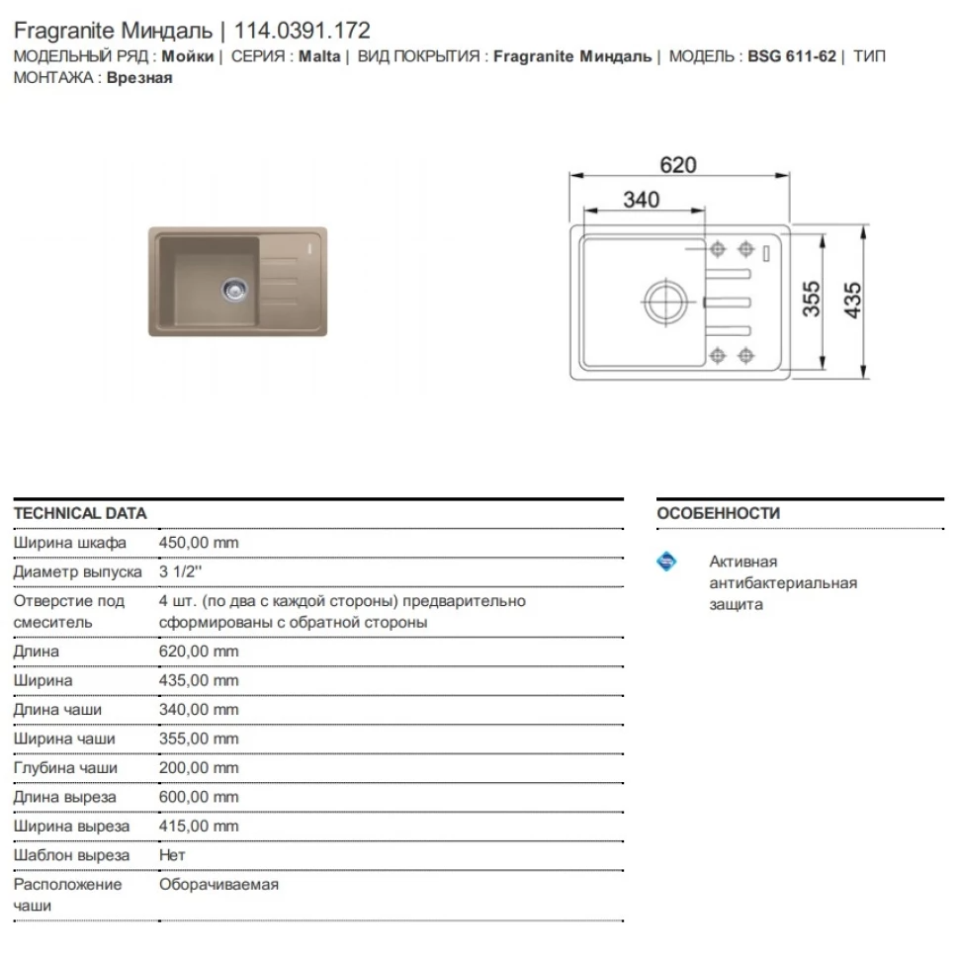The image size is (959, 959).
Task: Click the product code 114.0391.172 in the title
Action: [x=302, y=31]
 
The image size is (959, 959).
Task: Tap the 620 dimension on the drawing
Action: [x=678, y=165]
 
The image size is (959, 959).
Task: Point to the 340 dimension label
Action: [x=642, y=200]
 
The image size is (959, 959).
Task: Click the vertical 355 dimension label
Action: [x=812, y=300]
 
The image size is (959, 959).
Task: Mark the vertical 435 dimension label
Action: [x=853, y=300]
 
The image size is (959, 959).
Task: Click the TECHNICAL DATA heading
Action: [x=80, y=513]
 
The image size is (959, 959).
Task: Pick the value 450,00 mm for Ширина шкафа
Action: [x=199, y=543]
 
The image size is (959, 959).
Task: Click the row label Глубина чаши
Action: [x=65, y=767]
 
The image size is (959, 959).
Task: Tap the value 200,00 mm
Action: [x=199, y=767]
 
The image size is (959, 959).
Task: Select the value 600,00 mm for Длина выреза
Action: [x=199, y=797]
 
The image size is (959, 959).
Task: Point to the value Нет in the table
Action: [x=172, y=854]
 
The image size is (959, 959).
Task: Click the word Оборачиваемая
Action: [x=218, y=884]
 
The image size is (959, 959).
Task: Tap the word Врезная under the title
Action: [x=139, y=78]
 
